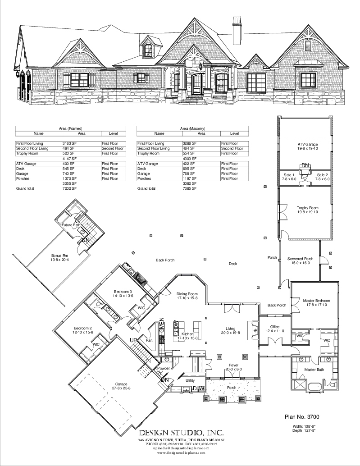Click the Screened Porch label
298,260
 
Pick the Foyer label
233,367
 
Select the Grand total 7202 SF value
69,188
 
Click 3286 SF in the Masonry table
190,143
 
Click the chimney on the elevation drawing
236,31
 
